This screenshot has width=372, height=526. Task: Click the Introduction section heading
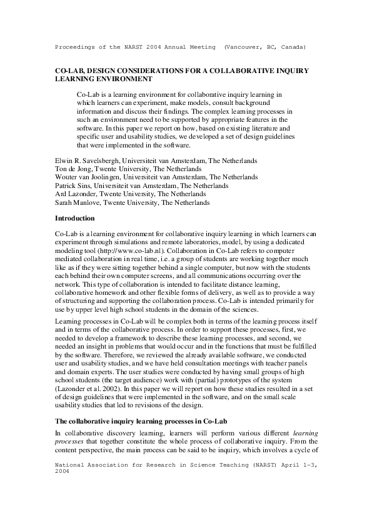point(75,219)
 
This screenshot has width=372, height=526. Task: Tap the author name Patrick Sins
point(74,186)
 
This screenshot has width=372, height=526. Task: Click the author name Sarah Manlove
point(77,202)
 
